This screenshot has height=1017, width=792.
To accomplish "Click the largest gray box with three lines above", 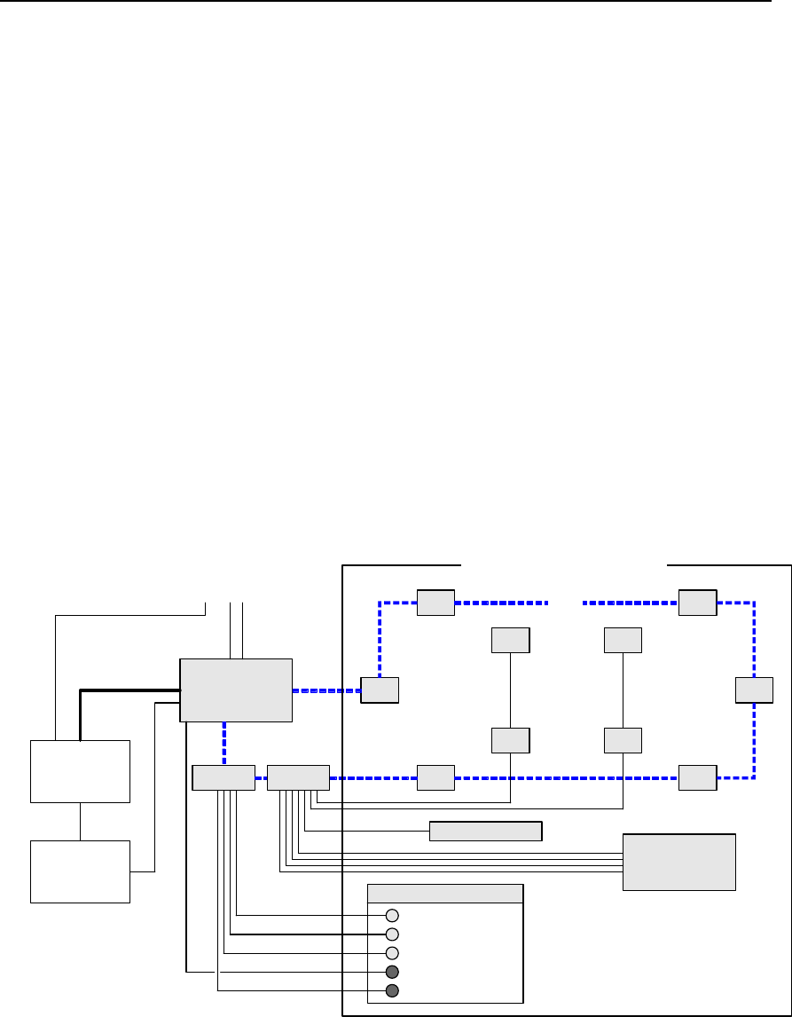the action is coord(236,690).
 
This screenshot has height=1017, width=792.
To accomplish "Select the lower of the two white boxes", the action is coord(80,871).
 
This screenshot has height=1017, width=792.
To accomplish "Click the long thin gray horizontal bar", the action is coord(485,832).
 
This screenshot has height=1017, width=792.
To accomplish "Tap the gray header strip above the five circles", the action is coord(445,893).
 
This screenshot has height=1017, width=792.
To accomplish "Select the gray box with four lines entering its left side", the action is coord(679,862).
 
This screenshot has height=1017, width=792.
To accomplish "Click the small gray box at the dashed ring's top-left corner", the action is coord(435,602).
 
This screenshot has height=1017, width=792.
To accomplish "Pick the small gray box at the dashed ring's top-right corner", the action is coord(697,602).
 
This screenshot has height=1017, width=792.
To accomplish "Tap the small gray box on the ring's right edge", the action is coord(754,690).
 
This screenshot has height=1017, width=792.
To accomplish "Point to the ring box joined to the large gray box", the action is coord(380,690).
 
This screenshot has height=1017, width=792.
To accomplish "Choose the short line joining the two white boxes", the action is coord(81,821).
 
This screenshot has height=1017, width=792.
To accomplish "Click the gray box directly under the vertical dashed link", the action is coord(223,777).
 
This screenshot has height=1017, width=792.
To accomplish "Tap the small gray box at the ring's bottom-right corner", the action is coord(697,777).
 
